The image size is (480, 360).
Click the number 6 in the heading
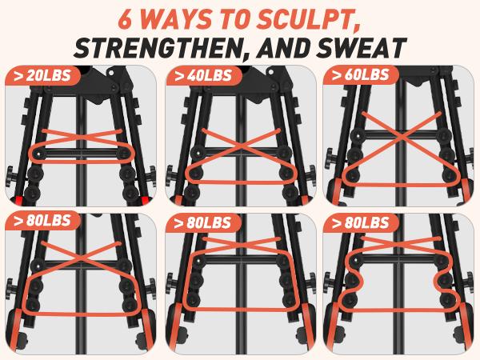click(x=127, y=20)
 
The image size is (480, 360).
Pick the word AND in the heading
click(x=282, y=48)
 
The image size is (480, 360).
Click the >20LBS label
click(x=42, y=76)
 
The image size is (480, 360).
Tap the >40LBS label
click(x=203, y=76)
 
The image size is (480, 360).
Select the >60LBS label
click(x=361, y=75)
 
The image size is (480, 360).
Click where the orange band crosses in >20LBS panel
click(x=82, y=137)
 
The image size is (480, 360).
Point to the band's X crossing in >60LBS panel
click(x=401, y=137)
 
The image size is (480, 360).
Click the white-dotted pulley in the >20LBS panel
click(x=38, y=154)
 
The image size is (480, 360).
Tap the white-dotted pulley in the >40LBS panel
click(x=198, y=153)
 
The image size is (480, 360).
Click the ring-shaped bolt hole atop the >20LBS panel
click(x=110, y=73)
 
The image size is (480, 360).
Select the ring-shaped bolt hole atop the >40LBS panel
click(x=270, y=72)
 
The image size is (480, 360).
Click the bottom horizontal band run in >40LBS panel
click(x=240, y=182)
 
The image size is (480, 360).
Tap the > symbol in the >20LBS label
click(x=18, y=76)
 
